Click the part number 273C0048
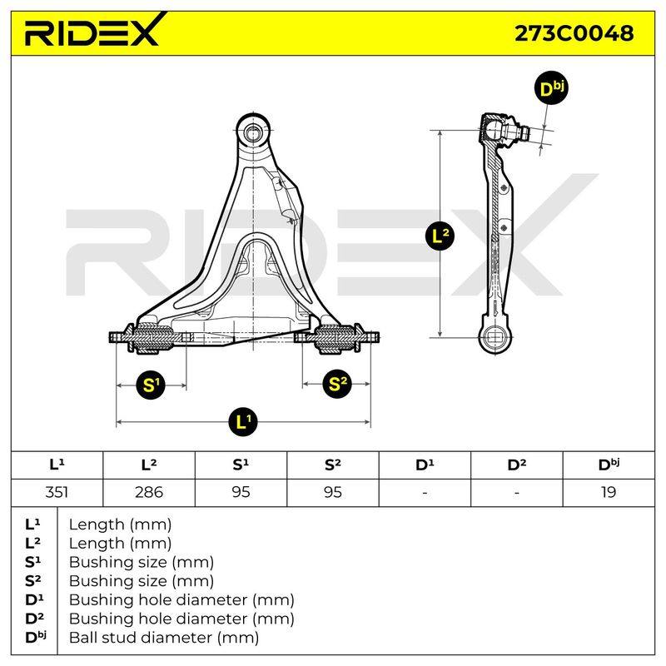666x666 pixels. (574, 33)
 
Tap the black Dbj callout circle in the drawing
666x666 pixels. (550, 88)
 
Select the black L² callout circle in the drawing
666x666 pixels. (440, 236)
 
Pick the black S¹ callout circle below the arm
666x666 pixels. (150, 385)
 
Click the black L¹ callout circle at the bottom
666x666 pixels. (242, 421)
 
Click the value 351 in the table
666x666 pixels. (57, 492)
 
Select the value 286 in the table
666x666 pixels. (149, 492)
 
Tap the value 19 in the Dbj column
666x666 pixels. (609, 492)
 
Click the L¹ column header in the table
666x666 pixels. (57, 465)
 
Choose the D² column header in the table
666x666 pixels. (516, 465)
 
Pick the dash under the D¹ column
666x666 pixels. (425, 493)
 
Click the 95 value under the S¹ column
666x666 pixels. (241, 492)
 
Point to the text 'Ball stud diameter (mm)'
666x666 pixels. (164, 638)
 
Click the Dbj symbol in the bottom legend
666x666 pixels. (36, 637)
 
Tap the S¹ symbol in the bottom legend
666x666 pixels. (33, 561)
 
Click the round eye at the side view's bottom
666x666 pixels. (495, 337)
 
